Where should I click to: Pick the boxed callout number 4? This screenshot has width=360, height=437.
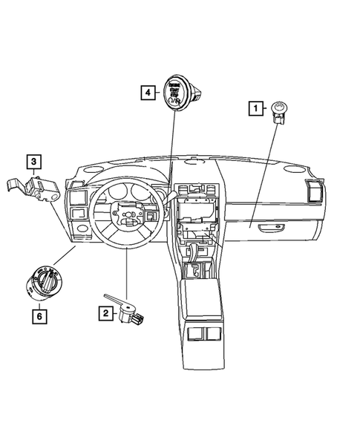pyautogui.click(x=149, y=93)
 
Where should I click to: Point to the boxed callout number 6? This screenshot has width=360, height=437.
pyautogui.click(x=36, y=318)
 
